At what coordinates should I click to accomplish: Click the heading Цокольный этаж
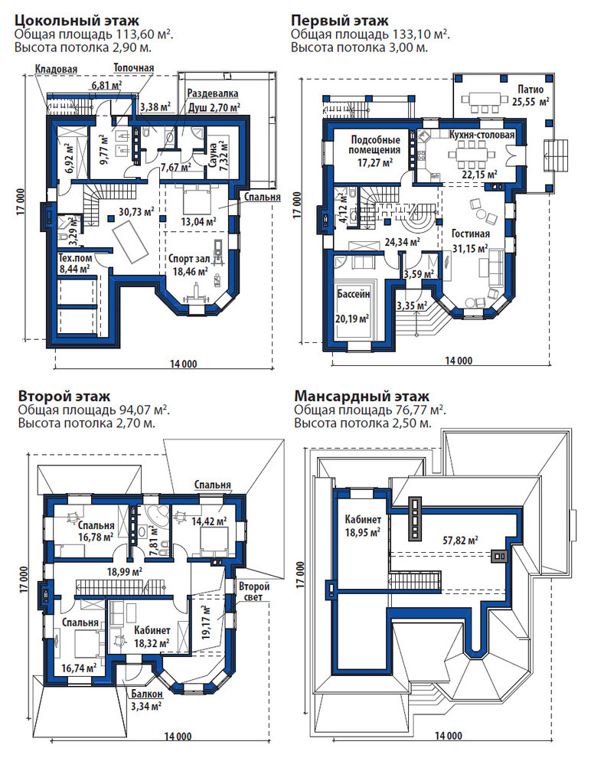77,21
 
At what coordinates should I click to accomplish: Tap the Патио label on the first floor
531,90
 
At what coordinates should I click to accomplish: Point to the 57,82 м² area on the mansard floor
460,540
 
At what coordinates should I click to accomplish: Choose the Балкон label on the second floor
146,694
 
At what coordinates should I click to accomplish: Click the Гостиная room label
470,234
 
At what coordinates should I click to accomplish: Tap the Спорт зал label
189,259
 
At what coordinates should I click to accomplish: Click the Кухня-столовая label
482,135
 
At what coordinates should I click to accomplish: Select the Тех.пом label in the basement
75,257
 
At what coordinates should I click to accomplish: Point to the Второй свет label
253,592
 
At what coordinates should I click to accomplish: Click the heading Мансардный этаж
361,396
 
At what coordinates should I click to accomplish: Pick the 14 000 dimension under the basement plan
183,364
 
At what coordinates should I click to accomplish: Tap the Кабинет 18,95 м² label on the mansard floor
362,525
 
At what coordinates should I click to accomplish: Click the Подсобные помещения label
375,144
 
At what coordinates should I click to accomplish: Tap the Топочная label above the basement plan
133,67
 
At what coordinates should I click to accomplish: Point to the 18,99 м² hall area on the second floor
124,571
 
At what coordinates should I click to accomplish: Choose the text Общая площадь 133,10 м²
371,34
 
